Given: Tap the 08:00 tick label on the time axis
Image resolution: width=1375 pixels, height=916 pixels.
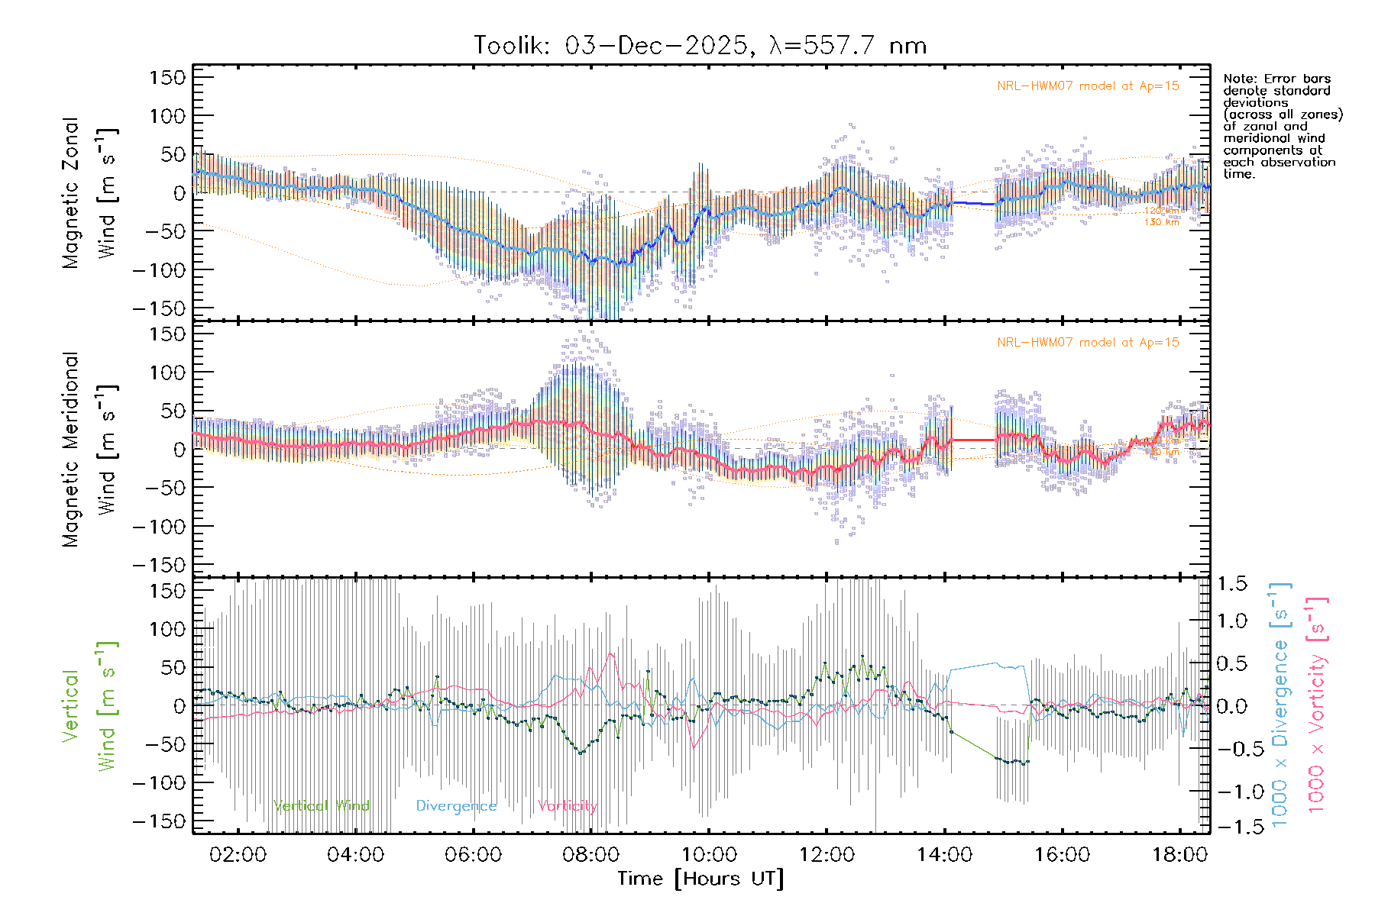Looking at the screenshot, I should click(590, 854).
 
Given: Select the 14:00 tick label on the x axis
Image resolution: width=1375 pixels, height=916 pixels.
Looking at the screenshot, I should click(944, 854).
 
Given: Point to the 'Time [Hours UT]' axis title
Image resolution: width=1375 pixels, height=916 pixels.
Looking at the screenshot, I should click(700, 879).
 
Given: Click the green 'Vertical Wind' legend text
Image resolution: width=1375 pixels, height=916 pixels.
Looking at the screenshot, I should click(321, 806).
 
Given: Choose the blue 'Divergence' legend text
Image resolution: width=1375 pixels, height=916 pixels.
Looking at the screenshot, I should click(456, 806).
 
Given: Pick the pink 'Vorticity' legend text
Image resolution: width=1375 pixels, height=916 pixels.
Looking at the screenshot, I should click(567, 806).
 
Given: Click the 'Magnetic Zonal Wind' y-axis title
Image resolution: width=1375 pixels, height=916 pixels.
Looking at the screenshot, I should click(90, 192).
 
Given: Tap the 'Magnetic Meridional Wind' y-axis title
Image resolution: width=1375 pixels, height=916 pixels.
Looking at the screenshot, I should click(90, 449).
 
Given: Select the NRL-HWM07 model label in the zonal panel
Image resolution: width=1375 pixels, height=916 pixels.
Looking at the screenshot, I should click(1088, 86).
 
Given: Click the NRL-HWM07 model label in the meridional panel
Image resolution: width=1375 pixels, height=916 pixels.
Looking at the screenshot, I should click(1088, 343).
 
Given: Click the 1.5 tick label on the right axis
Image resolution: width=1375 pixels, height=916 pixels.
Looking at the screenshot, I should click(1231, 584).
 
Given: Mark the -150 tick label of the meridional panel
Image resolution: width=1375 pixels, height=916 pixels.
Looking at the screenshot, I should click(159, 565).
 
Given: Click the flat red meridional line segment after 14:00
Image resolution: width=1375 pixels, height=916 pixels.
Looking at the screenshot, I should click(974, 440).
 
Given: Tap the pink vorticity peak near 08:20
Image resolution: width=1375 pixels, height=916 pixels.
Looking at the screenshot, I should click(611, 653).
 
